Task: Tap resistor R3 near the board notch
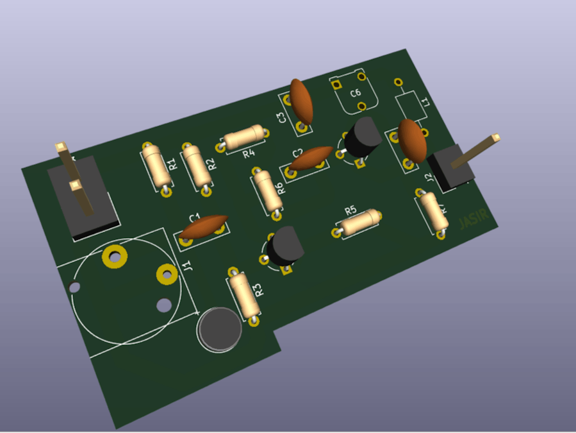tap(243, 294)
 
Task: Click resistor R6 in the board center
tap(267, 191)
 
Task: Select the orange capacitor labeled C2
tap(311, 158)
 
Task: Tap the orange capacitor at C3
tap(301, 101)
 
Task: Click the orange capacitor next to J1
tap(203, 227)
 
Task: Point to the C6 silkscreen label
tap(356, 94)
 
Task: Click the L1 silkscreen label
tap(425, 101)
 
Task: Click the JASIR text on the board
tap(473, 220)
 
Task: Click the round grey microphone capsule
tap(220, 328)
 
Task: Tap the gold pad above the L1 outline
tap(398, 82)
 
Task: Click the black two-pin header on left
tap(85, 198)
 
